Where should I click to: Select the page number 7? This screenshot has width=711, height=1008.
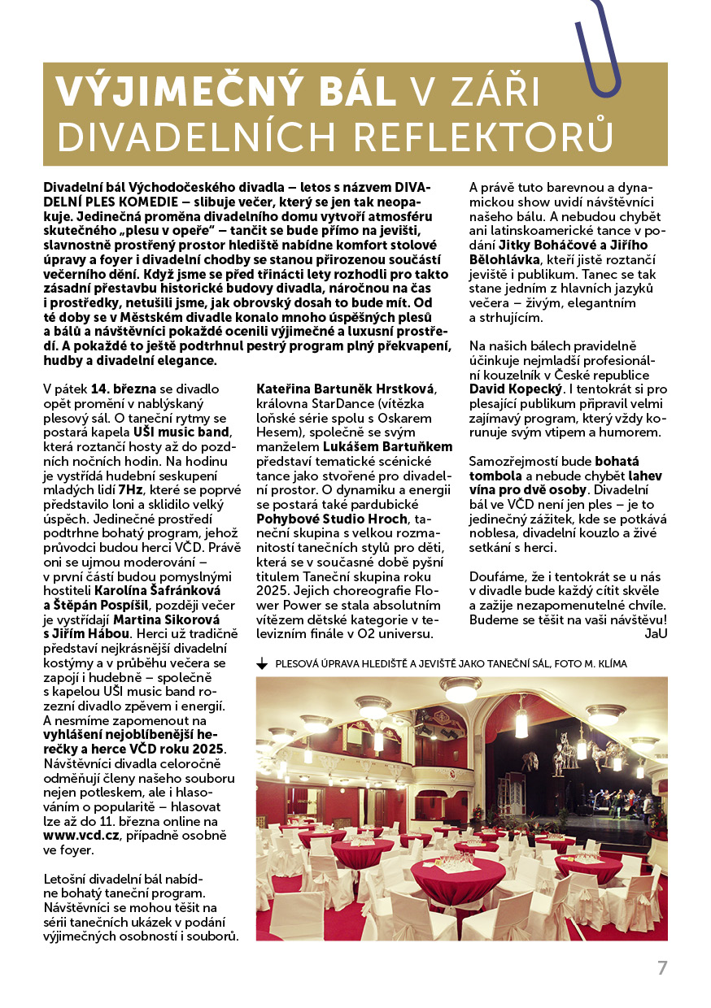click(662, 968)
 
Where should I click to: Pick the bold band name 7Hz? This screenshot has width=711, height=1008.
click(130, 489)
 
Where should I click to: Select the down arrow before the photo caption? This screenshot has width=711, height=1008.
click(262, 664)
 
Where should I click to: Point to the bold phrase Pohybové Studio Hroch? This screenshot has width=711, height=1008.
click(330, 519)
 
